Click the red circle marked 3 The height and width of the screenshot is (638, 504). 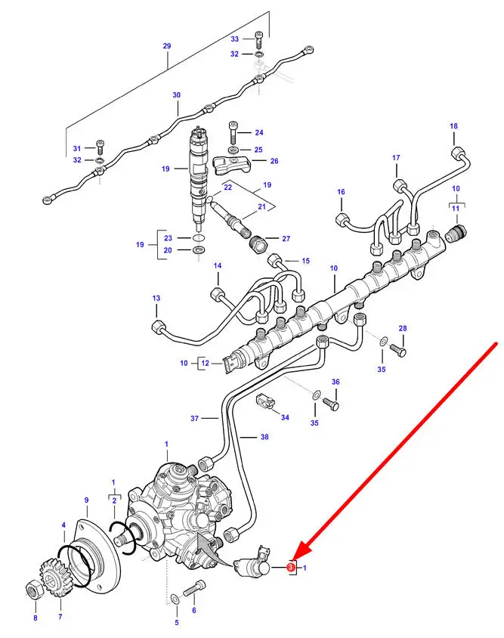(x=290, y=567)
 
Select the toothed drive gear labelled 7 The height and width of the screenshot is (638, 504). (x=56, y=578)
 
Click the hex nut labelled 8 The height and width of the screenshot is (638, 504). (x=33, y=590)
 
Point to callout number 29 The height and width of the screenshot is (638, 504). (x=167, y=46)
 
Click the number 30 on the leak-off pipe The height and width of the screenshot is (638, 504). (x=176, y=94)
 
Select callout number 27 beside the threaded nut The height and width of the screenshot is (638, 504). (x=286, y=238)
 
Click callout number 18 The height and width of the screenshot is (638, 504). (x=453, y=126)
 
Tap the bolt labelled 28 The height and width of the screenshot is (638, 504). (x=397, y=349)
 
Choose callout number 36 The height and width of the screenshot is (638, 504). (x=335, y=382)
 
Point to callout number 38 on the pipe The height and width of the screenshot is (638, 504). (x=264, y=437)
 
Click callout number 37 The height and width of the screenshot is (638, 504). (x=194, y=418)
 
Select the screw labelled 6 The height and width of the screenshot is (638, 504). (x=194, y=588)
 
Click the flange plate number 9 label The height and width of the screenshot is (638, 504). (x=86, y=500)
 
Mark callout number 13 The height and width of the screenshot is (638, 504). (x=156, y=299)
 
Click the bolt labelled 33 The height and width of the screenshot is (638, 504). (x=259, y=39)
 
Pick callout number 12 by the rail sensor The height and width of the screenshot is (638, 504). (x=205, y=363)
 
